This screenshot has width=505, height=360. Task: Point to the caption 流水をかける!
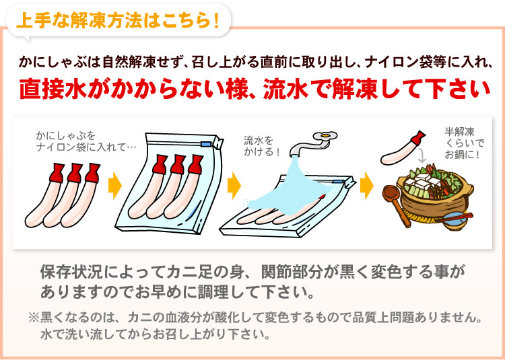coord(262,146)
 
